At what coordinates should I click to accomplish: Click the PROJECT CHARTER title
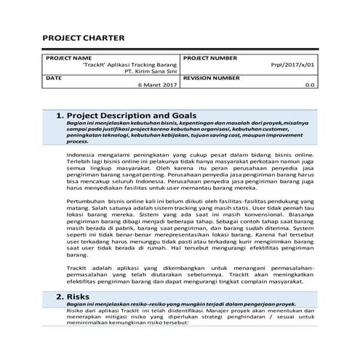point(83,39)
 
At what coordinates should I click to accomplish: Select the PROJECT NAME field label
point(69,57)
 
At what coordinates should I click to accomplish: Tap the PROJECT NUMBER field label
point(210,57)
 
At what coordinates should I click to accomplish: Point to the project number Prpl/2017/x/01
point(293,64)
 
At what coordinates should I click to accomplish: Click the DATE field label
point(54,78)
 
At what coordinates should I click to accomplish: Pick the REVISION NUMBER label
point(212,78)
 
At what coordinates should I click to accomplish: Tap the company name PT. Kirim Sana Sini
point(151,71)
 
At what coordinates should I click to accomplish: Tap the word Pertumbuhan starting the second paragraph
point(86,199)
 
